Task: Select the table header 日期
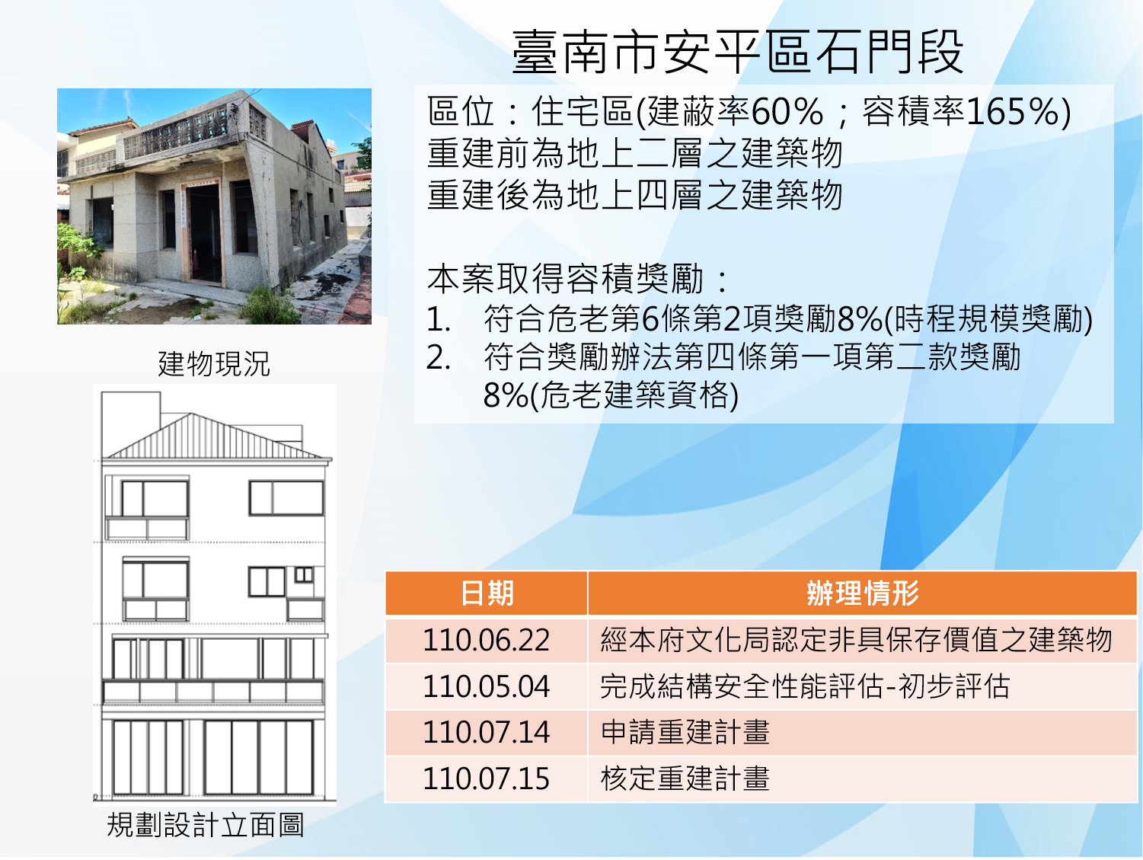[x=487, y=593]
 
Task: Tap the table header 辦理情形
[x=862, y=593]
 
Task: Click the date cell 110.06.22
[x=487, y=640]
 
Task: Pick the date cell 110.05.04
[x=487, y=686]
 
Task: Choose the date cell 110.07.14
[x=487, y=732]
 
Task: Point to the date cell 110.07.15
[x=487, y=778]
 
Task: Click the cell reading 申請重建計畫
[x=685, y=732]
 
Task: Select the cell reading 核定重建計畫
[x=685, y=778]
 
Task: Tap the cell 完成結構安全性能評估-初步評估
[x=805, y=686]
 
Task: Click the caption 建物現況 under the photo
[x=214, y=363]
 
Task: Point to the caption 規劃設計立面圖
[x=205, y=825]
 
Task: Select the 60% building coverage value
[x=787, y=111]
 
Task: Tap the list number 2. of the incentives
[x=438, y=358]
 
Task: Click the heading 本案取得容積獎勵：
[x=578, y=279]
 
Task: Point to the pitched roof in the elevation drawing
[x=217, y=436]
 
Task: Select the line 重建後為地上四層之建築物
[x=635, y=195]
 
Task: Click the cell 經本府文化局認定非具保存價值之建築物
[x=856, y=640]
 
